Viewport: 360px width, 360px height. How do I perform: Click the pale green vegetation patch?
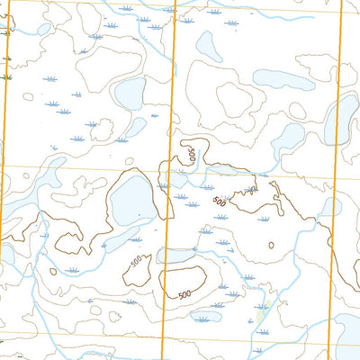click(261, 314)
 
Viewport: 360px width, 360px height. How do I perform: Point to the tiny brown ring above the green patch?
click(271, 245)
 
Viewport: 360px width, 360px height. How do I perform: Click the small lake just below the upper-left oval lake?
click(135, 127)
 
